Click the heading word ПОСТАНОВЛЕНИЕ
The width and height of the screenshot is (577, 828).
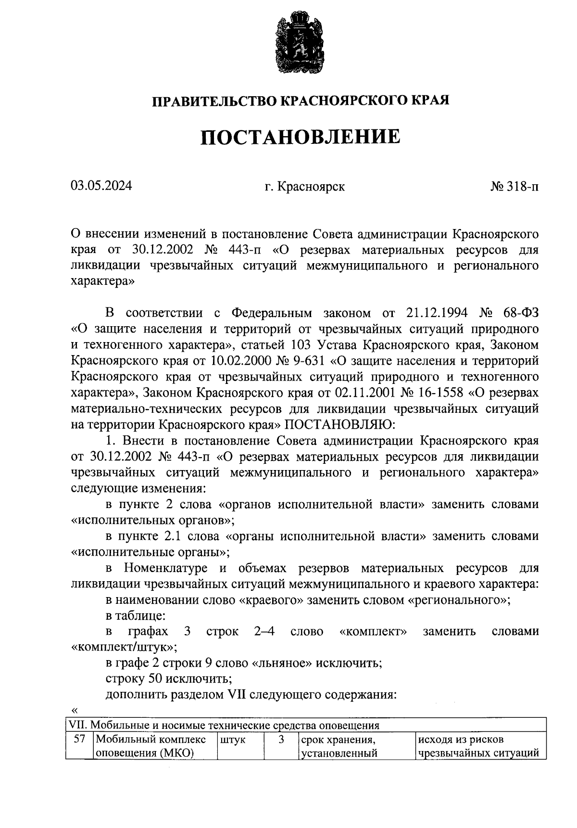[301, 137]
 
